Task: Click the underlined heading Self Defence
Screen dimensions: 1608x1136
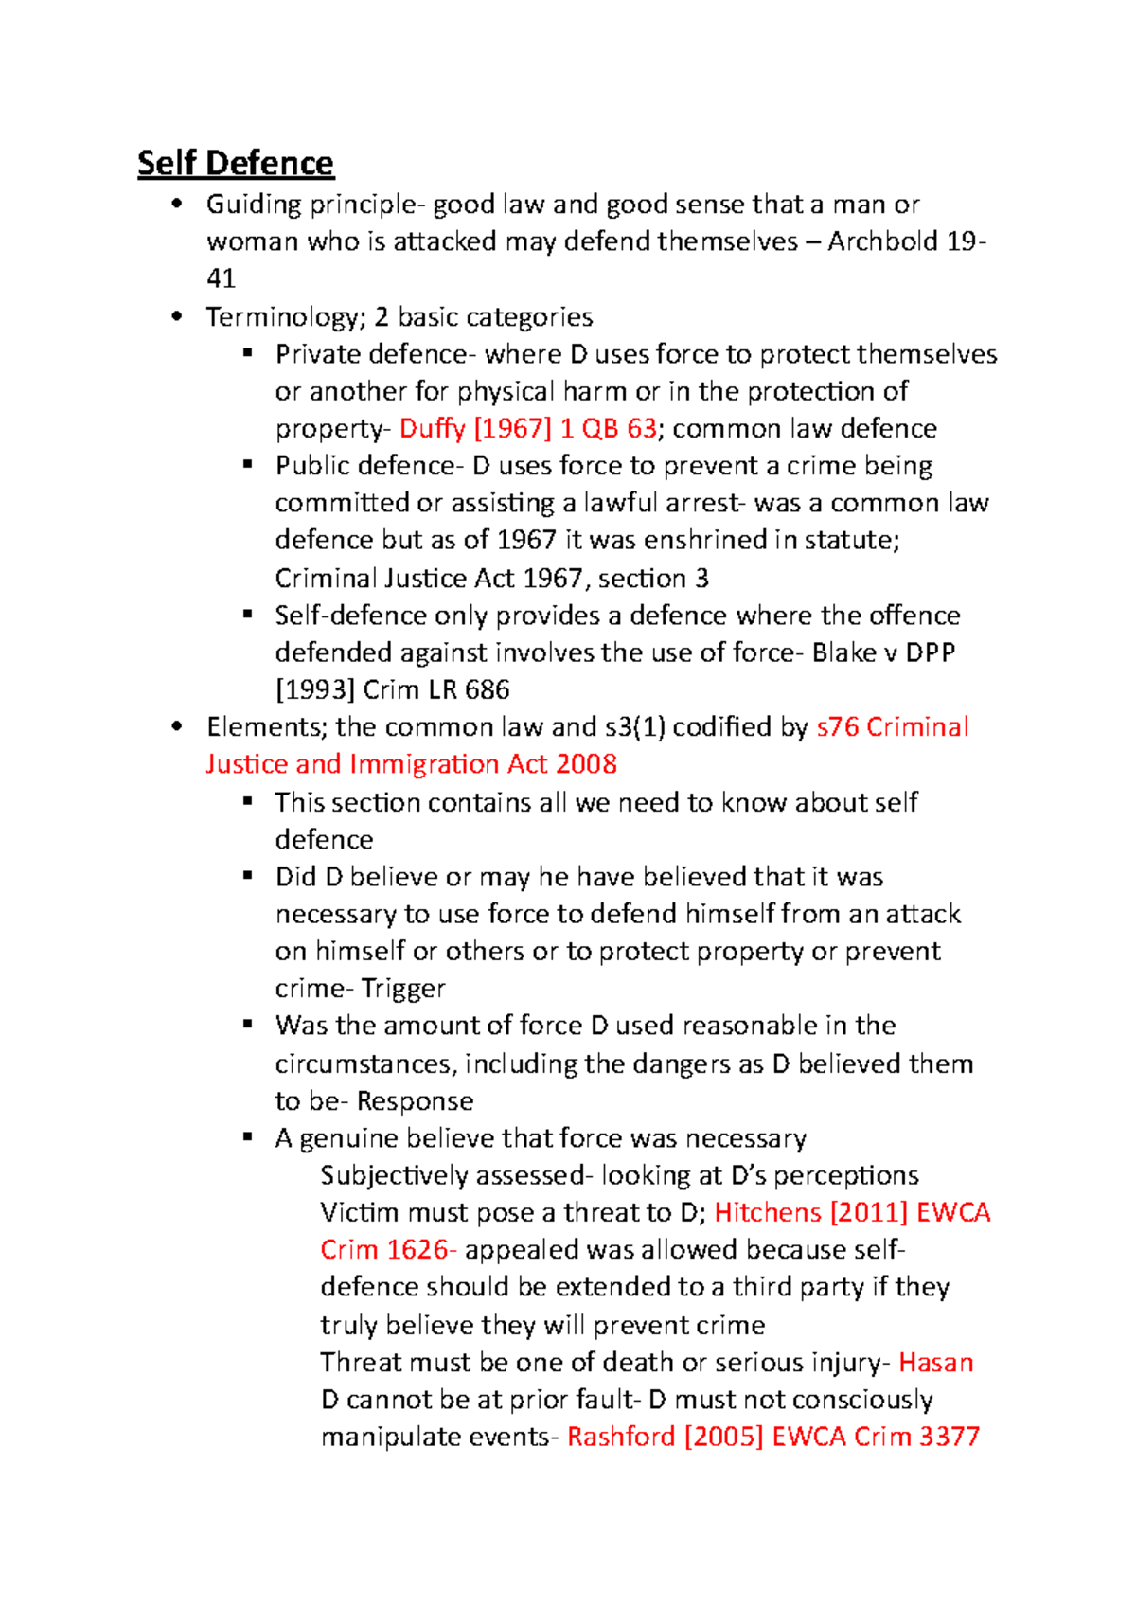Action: pyautogui.click(x=235, y=163)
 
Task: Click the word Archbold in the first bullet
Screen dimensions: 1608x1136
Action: pyautogui.click(x=882, y=241)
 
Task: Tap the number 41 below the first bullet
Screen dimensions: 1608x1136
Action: pyautogui.click(x=221, y=278)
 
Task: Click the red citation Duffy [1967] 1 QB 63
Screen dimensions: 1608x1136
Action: pyautogui.click(x=527, y=428)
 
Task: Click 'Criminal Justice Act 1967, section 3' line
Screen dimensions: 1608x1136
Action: pyautogui.click(x=491, y=578)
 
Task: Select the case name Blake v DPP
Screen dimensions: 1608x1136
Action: pyautogui.click(x=882, y=652)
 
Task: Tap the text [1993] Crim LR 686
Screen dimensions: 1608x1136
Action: pyautogui.click(x=392, y=689)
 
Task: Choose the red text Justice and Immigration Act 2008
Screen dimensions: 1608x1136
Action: pyautogui.click(x=411, y=764)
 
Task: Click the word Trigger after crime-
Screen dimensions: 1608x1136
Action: pyautogui.click(x=402, y=989)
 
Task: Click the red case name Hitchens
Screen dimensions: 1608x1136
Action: pyautogui.click(x=768, y=1213)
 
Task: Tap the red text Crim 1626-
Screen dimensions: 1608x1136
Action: pyautogui.click(x=388, y=1250)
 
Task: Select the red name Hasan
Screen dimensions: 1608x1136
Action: pyautogui.click(x=935, y=1363)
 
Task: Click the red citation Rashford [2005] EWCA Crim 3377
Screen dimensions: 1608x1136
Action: pyautogui.click(x=772, y=1437)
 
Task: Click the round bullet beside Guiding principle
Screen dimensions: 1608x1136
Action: pyautogui.click(x=176, y=204)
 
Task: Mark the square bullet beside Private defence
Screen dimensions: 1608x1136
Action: pyautogui.click(x=248, y=353)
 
